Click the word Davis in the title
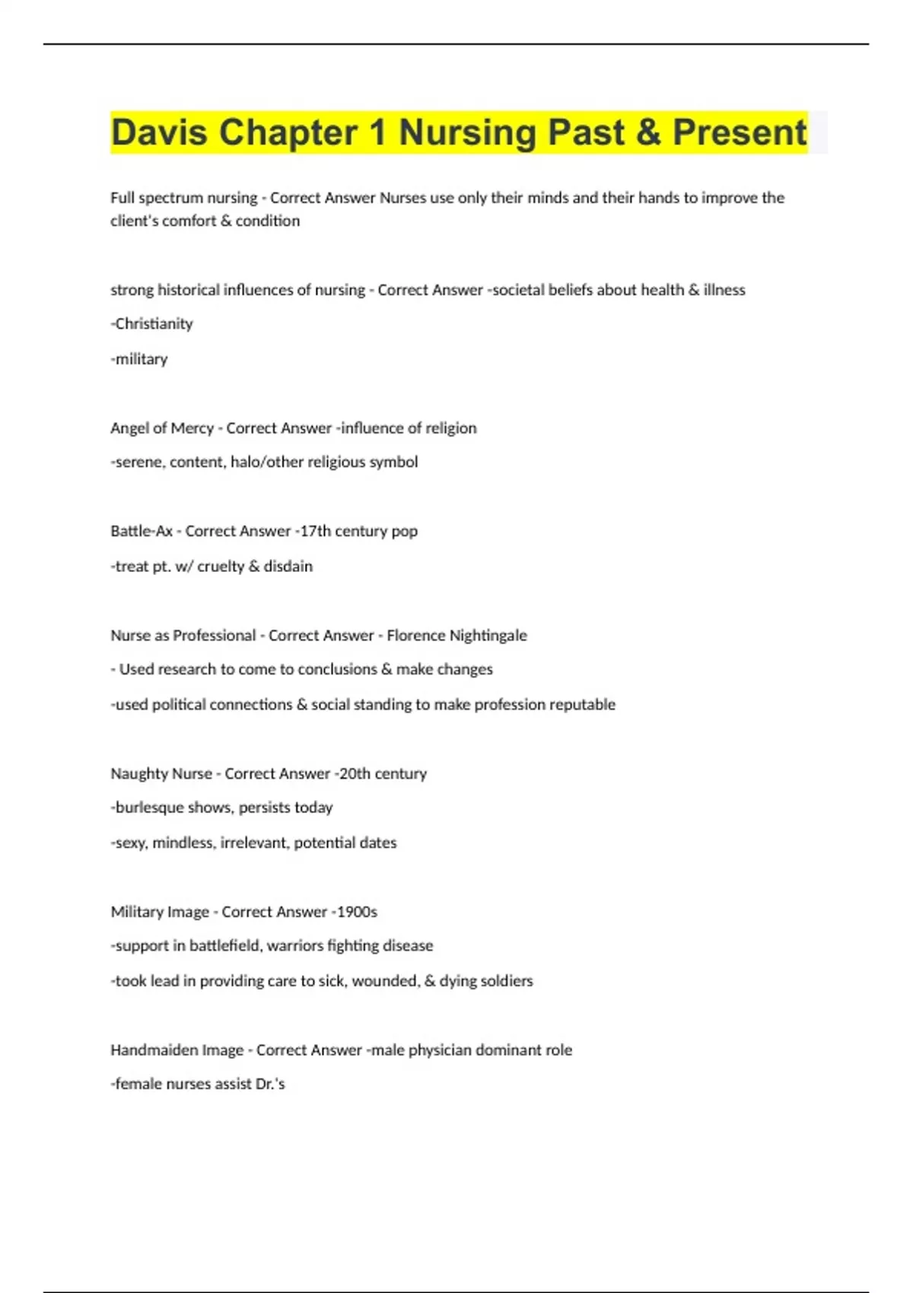[x=159, y=132]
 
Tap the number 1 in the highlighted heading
[x=377, y=132]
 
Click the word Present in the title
[x=739, y=132]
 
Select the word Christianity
[x=154, y=324]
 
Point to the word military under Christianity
[x=141, y=359]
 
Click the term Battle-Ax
[x=142, y=531]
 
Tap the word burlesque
[x=150, y=808]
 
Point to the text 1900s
[x=357, y=912]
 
